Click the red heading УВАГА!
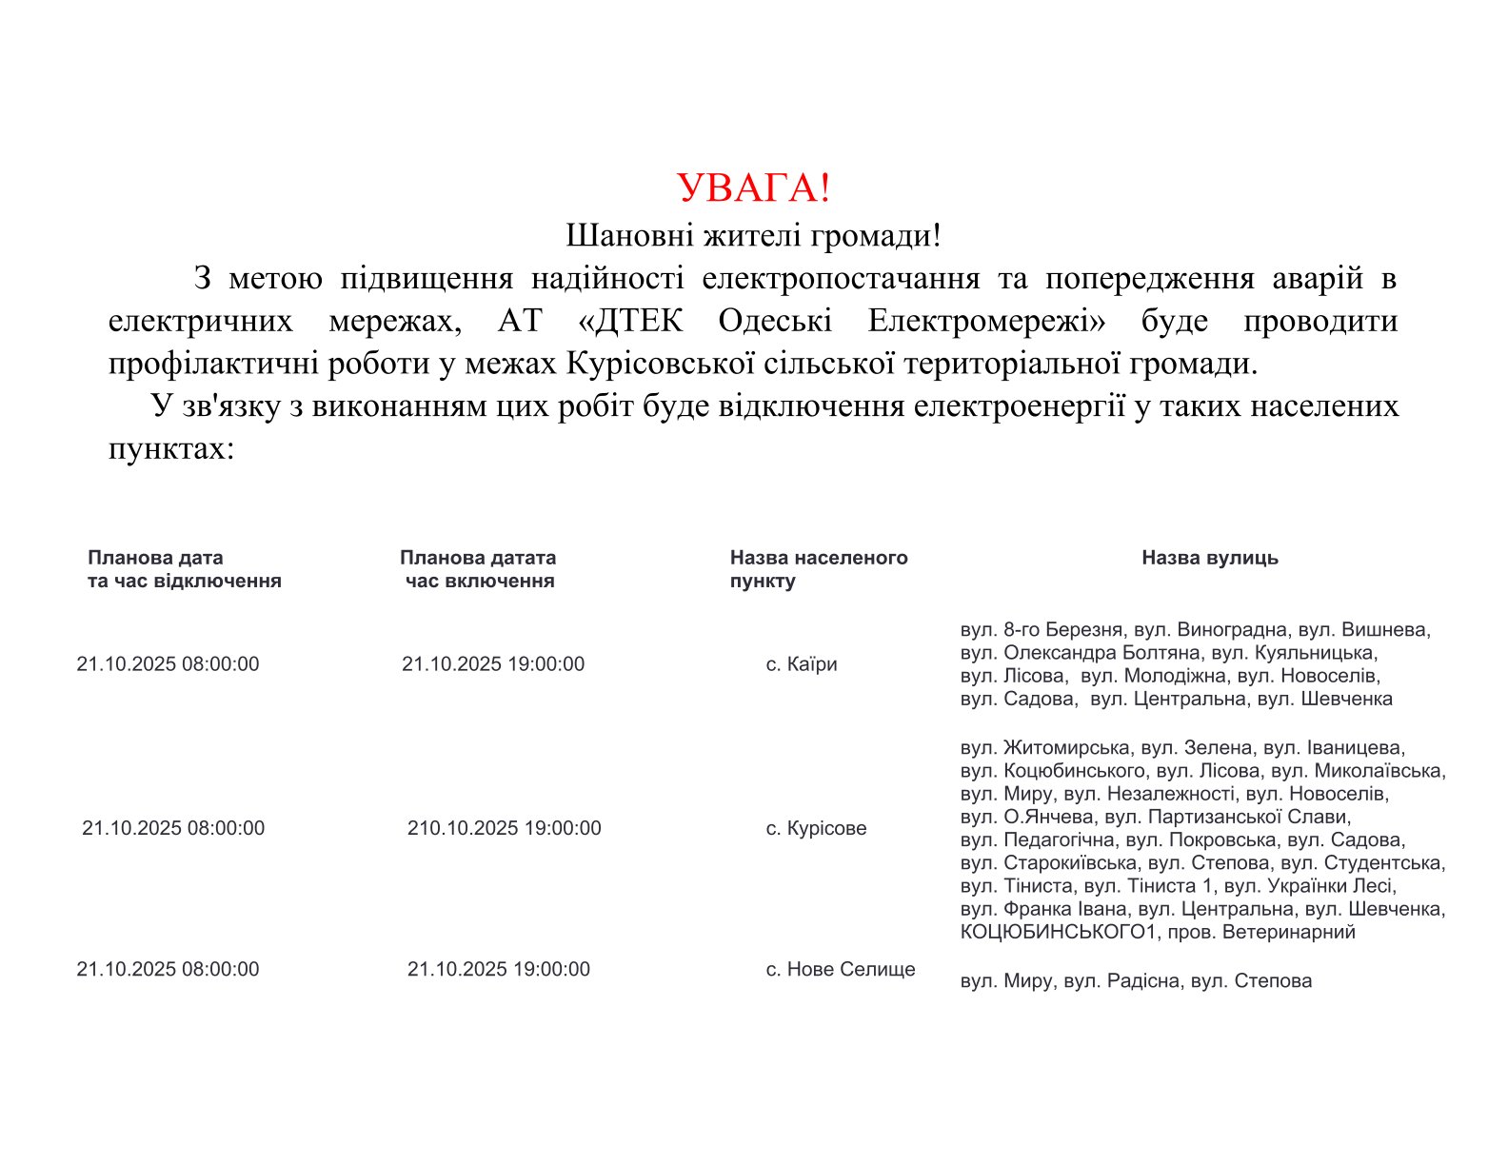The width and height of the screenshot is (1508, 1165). [x=753, y=188]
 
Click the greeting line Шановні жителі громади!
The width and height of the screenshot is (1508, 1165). [x=753, y=235]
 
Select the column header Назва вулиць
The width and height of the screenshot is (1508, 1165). [x=1209, y=558]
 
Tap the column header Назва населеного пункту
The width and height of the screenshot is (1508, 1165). [x=818, y=569]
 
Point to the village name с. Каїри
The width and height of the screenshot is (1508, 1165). [x=802, y=664]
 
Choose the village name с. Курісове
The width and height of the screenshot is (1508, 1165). [x=816, y=828]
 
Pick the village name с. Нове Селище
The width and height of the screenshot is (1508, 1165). [x=840, y=969]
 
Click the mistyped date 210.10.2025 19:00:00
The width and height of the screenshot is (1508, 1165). [x=504, y=828]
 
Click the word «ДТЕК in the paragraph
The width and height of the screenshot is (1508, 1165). [x=630, y=322]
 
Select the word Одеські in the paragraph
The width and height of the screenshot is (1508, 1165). [x=775, y=322]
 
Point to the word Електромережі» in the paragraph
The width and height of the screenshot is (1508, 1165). [x=986, y=322]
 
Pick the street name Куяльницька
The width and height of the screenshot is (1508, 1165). [x=1316, y=653]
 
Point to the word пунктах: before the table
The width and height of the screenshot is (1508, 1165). [x=171, y=448]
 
